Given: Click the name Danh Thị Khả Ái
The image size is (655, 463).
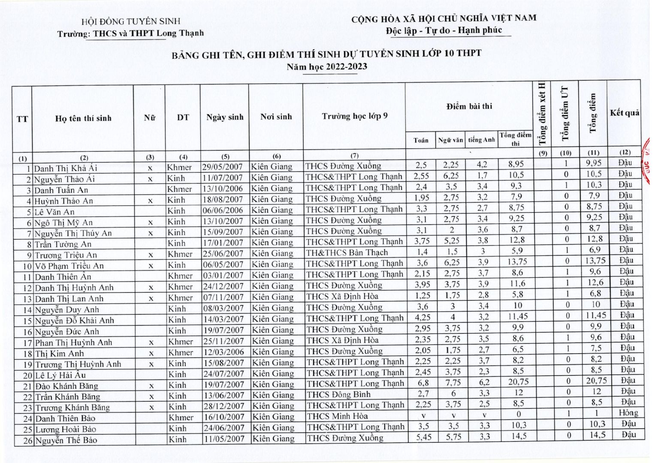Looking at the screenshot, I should (x=66, y=168).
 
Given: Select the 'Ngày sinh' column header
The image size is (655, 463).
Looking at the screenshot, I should (x=225, y=117).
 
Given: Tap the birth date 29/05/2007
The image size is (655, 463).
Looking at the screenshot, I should (x=223, y=167).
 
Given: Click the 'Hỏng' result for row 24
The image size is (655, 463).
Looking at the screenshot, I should (x=628, y=413).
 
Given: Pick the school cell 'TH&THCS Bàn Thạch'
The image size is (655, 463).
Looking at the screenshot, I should (x=347, y=253).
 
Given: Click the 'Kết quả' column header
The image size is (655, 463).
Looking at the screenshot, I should (x=625, y=113).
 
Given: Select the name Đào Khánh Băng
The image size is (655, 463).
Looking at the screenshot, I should (x=66, y=386).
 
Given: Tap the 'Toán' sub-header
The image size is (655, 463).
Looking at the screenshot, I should (x=421, y=140).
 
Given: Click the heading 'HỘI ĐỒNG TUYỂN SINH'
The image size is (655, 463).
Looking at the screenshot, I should (x=131, y=21).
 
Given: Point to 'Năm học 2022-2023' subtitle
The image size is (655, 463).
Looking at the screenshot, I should (x=327, y=66).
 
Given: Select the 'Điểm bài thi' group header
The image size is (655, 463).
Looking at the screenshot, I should (x=469, y=106).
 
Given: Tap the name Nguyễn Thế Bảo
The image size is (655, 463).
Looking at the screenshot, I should (x=66, y=440).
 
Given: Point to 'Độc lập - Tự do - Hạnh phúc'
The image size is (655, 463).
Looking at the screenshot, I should (x=444, y=30).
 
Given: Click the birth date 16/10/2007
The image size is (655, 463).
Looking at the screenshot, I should (x=223, y=417).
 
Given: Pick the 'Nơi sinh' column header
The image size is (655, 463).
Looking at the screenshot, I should (x=276, y=117).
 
